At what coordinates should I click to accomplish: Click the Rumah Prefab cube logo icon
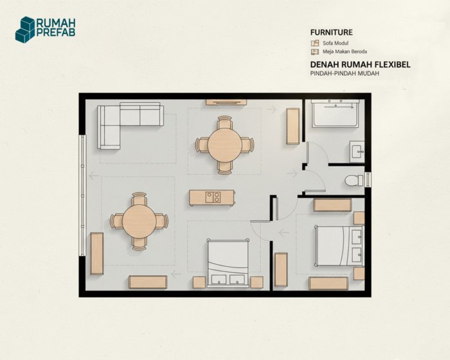pos(25,30)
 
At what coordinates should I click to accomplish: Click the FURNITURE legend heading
pos(332,32)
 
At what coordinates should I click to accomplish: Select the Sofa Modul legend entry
pos(330,43)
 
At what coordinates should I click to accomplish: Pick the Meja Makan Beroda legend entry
pos(339,51)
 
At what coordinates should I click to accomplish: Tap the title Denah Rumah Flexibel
pos(360,64)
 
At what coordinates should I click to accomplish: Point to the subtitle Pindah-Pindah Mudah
pos(345,73)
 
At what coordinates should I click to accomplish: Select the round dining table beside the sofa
pos(225,145)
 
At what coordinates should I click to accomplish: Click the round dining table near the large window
pos(139,221)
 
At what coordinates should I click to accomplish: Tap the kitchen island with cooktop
pos(212,197)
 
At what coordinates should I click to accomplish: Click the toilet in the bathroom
pos(354,180)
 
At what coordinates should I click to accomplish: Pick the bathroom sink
pos(357,151)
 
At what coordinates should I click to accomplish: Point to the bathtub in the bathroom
pos(336,114)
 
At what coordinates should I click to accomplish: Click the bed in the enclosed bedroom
pos(339,246)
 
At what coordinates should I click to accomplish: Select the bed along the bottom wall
pos(228,263)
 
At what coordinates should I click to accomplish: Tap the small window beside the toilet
pos(368,180)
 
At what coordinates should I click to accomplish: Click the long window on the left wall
pos(82,195)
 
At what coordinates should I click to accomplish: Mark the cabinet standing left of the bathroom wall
pos(292,126)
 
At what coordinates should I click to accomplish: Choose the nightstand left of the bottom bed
pos(199,282)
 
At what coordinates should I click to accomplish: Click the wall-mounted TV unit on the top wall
pos(226,102)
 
